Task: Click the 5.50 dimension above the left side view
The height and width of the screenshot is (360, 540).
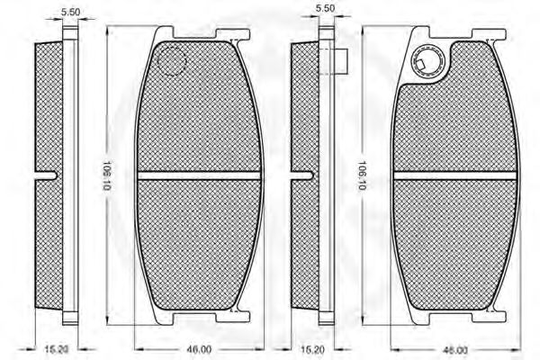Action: coord(70,12)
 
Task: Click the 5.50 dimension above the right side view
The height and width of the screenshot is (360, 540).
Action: coord(325,8)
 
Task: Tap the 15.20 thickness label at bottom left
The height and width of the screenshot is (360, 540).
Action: coord(58,350)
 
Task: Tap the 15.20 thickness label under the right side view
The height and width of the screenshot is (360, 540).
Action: coord(312,350)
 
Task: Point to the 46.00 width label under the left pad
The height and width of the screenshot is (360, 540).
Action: coord(199,350)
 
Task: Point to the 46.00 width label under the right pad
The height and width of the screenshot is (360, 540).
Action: coord(455,350)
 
